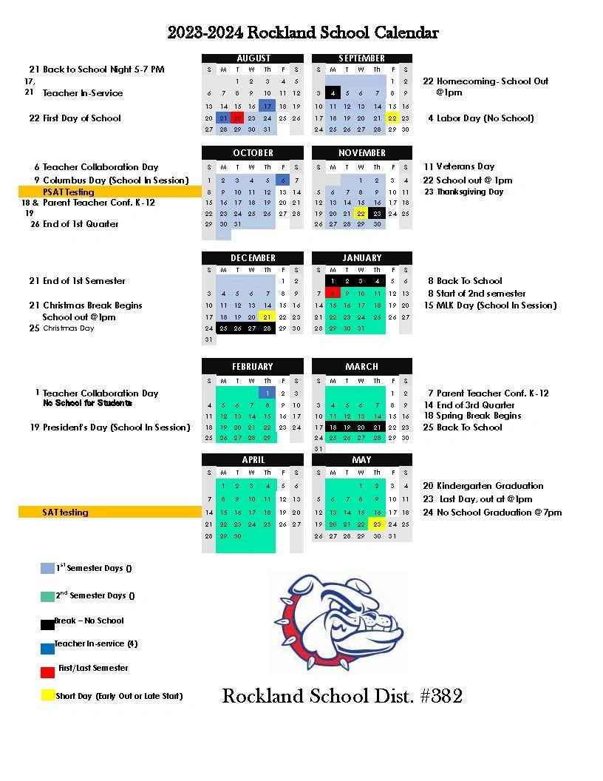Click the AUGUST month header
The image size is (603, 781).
coord(253,58)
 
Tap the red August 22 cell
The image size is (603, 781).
coord(237,118)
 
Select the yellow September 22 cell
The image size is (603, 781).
coord(392,118)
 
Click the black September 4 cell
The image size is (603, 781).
coord(333,94)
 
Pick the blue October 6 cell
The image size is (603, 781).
coord(282,180)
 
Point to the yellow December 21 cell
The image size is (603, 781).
coord(268,317)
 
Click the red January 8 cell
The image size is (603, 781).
coord(333,293)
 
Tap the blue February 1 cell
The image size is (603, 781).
coord(268,393)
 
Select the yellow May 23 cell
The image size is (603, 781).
coord(377,524)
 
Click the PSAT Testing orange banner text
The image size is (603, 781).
coord(69,192)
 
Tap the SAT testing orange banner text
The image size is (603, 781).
coord(65,512)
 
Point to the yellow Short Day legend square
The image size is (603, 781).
coord(47,695)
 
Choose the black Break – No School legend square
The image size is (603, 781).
coord(47,623)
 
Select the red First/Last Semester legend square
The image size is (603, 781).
coord(47,672)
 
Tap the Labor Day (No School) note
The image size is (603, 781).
coord(485,118)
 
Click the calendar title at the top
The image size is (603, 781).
coord(303,33)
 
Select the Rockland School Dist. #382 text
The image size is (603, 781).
coord(342,696)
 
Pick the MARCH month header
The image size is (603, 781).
coord(361,366)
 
